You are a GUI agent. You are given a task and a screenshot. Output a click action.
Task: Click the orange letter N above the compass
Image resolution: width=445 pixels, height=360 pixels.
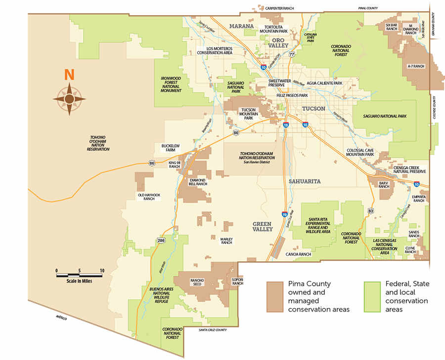pyautogui.click(x=69, y=75)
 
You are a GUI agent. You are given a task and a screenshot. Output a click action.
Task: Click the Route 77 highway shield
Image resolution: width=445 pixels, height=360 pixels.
pyautogui.click(x=292, y=54)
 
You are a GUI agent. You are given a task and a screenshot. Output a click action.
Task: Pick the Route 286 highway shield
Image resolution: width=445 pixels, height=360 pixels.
pyautogui.click(x=161, y=240)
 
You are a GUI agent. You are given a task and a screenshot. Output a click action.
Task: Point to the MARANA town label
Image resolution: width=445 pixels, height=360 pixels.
pyautogui.click(x=242, y=26)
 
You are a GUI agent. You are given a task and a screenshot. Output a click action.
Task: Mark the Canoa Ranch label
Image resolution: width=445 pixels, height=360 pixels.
pyautogui.click(x=298, y=254)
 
